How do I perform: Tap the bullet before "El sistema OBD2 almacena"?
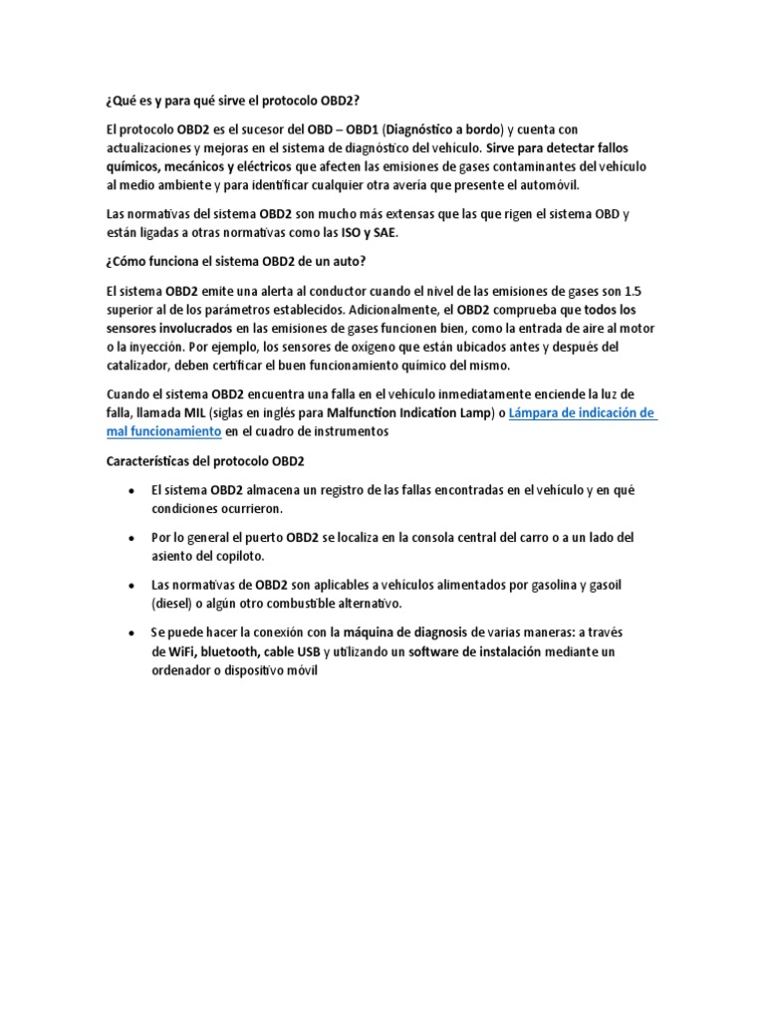[x=131, y=491]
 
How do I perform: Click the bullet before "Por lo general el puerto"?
[x=131, y=538]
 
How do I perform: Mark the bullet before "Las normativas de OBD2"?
[x=131, y=585]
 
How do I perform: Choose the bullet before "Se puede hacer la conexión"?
[x=131, y=632]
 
